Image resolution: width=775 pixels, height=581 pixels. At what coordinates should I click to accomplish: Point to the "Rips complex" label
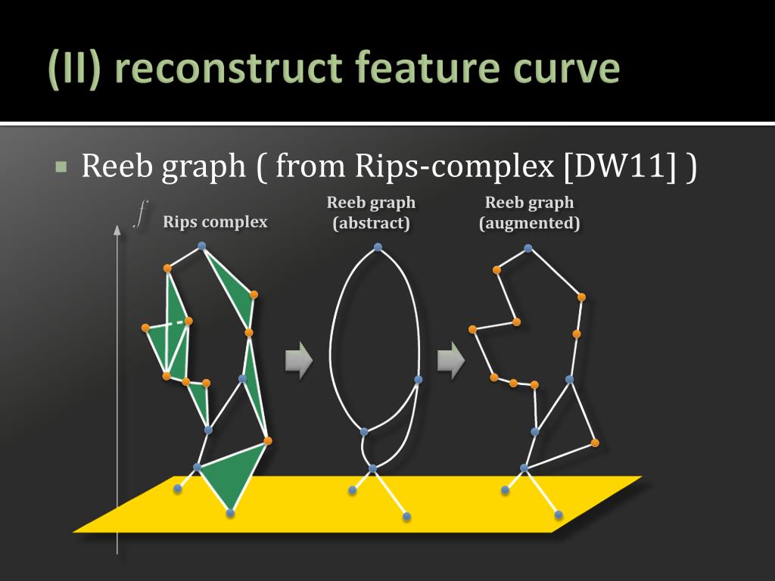tap(215, 222)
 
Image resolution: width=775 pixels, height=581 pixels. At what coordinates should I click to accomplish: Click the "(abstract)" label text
tap(371, 224)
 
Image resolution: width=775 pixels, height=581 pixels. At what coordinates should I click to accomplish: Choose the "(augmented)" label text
tap(530, 224)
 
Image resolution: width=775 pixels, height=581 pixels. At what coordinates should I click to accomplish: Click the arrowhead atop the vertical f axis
tap(117, 229)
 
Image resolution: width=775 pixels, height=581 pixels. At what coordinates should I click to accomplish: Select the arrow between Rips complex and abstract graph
tap(298, 360)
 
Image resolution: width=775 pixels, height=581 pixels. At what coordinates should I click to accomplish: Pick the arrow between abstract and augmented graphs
tap(450, 360)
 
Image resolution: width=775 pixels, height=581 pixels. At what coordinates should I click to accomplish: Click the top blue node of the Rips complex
tap(201, 245)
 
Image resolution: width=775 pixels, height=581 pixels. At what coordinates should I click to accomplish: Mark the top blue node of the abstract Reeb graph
tap(378, 247)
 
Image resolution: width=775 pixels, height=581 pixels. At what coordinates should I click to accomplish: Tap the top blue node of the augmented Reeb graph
tap(528, 247)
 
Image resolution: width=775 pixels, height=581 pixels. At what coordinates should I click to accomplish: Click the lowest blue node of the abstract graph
tap(406, 516)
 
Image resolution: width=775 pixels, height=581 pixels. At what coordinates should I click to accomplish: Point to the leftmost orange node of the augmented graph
tap(472, 329)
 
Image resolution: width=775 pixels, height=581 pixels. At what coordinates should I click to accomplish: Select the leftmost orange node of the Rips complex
tap(145, 328)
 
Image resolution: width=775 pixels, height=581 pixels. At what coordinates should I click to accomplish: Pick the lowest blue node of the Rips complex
tap(230, 513)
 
